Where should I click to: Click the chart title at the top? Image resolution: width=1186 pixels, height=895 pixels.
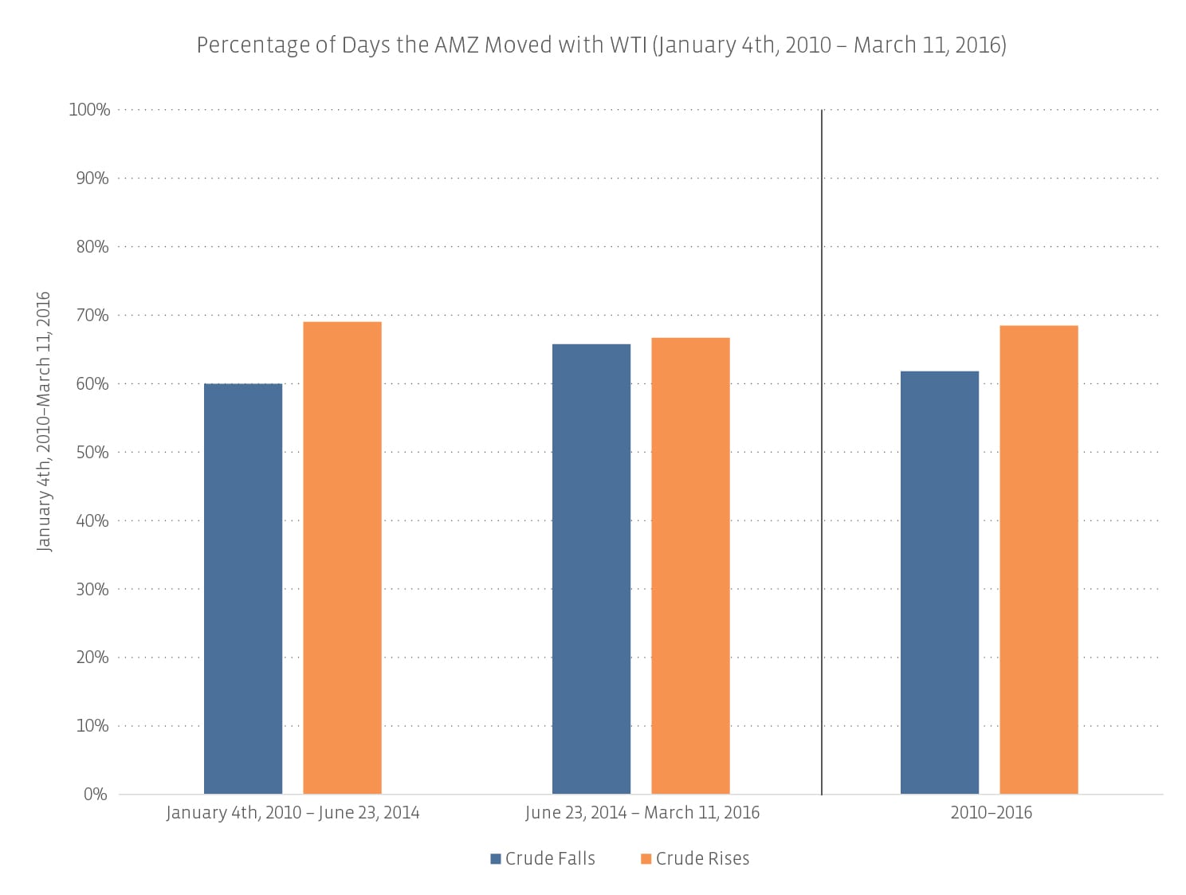(x=601, y=45)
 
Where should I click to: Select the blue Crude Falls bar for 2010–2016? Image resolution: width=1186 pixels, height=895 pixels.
(x=939, y=582)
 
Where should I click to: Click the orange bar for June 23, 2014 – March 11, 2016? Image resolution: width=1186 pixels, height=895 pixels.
(x=690, y=565)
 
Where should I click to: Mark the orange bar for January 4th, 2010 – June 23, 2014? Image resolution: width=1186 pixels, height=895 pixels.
(x=342, y=557)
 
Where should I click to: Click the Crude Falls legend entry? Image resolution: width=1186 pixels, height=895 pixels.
(x=543, y=858)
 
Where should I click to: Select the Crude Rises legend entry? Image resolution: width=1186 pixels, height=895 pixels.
(x=694, y=858)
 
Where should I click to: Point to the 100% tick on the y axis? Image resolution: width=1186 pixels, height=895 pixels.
(x=89, y=110)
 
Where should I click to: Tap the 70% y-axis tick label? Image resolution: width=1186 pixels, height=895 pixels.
(x=92, y=316)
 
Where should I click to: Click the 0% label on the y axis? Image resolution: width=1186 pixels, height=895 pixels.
(x=96, y=795)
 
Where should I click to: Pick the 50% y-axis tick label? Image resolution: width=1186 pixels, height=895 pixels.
(x=92, y=453)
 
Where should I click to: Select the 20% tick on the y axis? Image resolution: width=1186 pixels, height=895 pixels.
(x=92, y=658)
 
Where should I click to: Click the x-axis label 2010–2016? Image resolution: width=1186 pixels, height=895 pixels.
(x=991, y=813)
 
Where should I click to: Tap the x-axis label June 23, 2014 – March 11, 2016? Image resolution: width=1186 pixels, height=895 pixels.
(x=642, y=813)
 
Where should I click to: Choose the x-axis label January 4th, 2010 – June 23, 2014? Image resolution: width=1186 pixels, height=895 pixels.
(x=293, y=813)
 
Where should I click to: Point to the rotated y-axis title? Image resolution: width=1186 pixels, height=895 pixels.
(x=45, y=421)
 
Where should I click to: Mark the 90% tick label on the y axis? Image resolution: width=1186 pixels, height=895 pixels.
(x=92, y=179)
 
